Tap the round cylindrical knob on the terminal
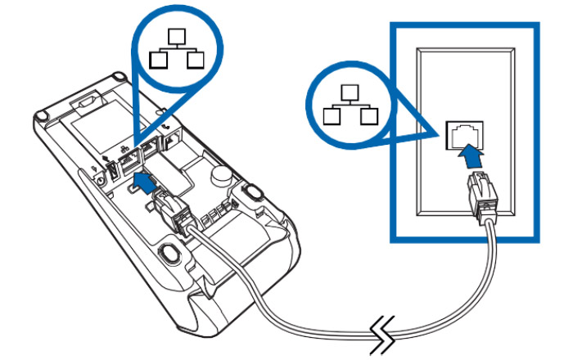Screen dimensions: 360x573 pyautogui.click(x=219, y=175)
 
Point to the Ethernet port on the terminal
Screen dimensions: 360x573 pyautogui.click(x=130, y=164)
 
